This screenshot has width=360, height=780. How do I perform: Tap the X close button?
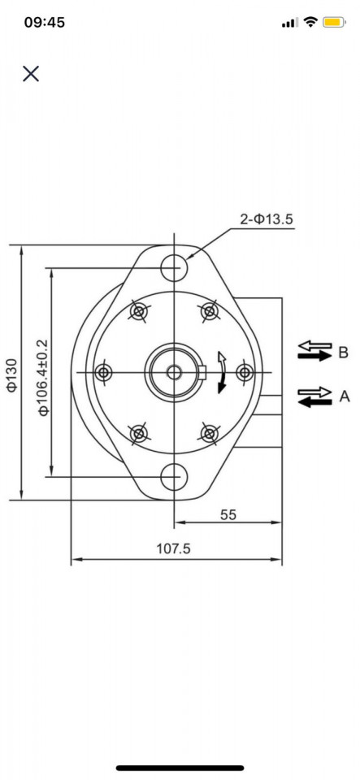[x=31, y=74]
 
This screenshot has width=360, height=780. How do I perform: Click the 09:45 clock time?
[x=44, y=23]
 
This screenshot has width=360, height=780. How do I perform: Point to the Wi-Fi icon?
[x=310, y=23]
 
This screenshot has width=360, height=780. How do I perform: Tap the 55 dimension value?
[x=228, y=514]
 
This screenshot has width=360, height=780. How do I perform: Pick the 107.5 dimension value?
[x=173, y=549]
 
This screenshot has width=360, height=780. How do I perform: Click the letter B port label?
[x=343, y=352]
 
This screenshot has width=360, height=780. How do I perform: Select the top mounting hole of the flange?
[x=173, y=266]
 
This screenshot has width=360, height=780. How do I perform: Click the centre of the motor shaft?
[x=173, y=372]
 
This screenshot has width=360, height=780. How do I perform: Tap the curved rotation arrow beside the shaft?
[x=221, y=372]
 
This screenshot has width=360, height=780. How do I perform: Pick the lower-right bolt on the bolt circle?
[x=209, y=433]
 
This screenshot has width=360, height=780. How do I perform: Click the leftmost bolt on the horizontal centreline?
[x=103, y=372]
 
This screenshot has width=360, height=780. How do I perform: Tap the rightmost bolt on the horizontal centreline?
[x=244, y=372]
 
